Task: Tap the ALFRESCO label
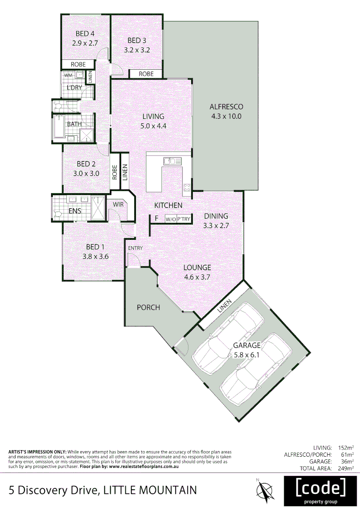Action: coord(226,107)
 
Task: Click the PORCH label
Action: coord(148,307)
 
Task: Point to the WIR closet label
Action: coord(118,205)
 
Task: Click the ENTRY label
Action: coord(135,248)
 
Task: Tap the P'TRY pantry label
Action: coord(184,219)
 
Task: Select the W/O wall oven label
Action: coord(170,219)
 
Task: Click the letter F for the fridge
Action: coord(156,219)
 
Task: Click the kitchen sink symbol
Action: coord(172,161)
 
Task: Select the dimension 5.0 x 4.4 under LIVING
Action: coord(154,126)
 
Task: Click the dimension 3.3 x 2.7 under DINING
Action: coord(216,225)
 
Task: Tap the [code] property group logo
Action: coord(319,490)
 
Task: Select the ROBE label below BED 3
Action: coord(146,74)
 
